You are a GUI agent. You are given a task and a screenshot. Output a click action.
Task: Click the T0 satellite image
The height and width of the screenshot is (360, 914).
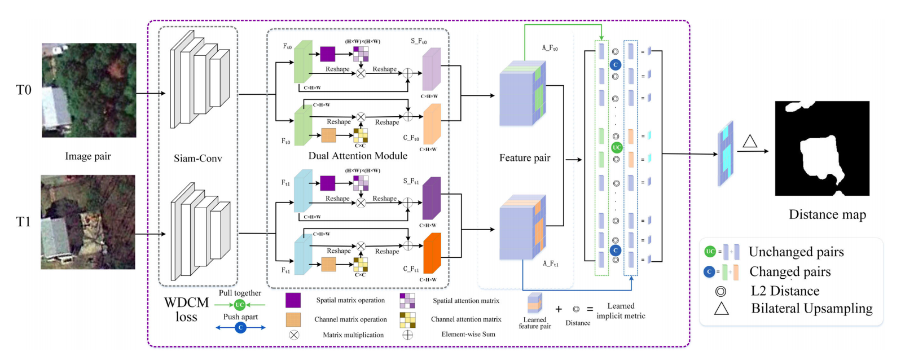[x=89, y=90]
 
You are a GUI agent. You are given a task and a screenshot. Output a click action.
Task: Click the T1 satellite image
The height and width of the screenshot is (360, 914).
[x=88, y=222]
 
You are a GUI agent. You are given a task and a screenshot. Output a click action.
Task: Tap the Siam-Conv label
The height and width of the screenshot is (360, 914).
[x=197, y=159]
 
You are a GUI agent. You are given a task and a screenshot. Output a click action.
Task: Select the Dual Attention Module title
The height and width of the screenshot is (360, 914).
[x=358, y=156]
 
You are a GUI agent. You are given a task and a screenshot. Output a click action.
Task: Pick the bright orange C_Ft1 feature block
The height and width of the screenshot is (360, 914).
[x=432, y=254]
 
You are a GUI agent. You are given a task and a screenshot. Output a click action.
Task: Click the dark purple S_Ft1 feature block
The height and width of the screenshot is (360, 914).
[x=431, y=199]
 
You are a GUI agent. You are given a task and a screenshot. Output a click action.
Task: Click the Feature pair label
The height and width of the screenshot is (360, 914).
[x=525, y=158]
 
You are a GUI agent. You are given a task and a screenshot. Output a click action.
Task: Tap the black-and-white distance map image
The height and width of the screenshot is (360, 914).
[x=822, y=148]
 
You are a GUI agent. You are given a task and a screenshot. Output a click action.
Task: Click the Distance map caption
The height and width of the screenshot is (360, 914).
[x=827, y=214]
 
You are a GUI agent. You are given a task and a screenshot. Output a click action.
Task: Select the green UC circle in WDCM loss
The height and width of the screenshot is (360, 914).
[x=240, y=305]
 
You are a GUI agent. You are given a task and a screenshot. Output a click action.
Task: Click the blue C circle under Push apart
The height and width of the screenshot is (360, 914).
[x=241, y=327]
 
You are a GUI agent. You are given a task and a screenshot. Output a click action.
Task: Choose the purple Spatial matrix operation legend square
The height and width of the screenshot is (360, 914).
[x=293, y=300]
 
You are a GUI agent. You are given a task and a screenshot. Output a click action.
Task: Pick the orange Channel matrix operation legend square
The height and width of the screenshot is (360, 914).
[x=293, y=320]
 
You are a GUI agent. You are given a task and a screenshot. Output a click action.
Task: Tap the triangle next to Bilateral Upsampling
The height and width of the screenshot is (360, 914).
[x=722, y=309]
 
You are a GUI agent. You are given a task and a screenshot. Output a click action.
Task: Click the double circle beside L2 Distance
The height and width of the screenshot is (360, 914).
[x=720, y=291]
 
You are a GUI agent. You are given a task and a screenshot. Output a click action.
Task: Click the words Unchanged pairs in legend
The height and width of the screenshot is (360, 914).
[x=796, y=252]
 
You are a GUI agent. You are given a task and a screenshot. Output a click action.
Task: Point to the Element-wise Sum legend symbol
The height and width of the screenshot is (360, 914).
[x=407, y=335]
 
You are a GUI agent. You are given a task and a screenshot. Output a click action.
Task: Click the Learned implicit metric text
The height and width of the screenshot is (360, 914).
[x=621, y=311]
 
